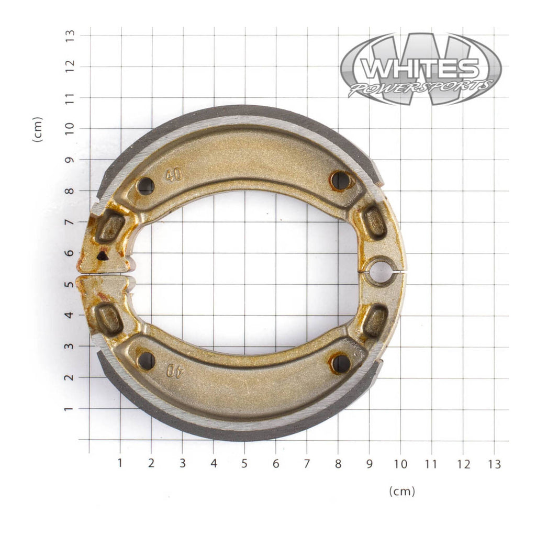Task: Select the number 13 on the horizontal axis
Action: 494,463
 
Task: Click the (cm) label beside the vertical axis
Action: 37,129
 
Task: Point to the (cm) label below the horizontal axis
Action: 402,491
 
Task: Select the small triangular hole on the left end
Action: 103,256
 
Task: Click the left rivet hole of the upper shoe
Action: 145,185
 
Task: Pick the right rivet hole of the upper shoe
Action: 341,181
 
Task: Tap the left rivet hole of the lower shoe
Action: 146,360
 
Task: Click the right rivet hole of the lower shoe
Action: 341,363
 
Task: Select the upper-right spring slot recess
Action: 374,222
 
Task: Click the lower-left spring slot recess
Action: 109,319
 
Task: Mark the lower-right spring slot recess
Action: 375,321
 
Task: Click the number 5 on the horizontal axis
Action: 244,463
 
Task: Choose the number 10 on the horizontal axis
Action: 400,463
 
